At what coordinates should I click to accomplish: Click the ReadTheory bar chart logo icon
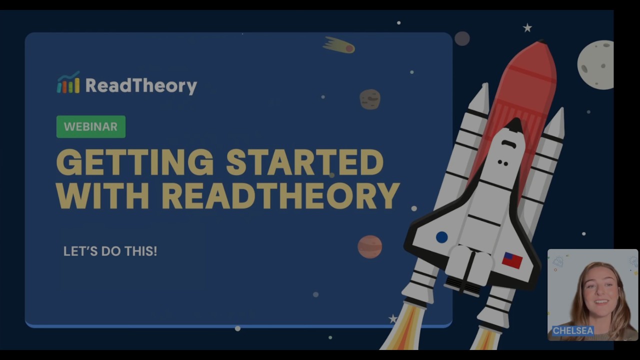pyautogui.click(x=68, y=83)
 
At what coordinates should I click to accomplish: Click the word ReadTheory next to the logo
pyautogui.click(x=141, y=85)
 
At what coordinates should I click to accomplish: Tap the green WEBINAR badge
pyautogui.click(x=90, y=126)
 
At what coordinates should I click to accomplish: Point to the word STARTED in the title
pyautogui.click(x=304, y=162)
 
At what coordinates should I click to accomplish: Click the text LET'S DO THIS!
pyautogui.click(x=110, y=251)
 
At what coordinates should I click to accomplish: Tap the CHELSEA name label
pyautogui.click(x=573, y=330)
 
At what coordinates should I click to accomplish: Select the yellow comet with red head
pyautogui.click(x=340, y=46)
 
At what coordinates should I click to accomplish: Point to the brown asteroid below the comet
pyautogui.click(x=370, y=99)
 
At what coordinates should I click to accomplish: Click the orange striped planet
pyautogui.click(x=370, y=246)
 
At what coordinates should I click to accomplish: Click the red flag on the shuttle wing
pyautogui.click(x=512, y=260)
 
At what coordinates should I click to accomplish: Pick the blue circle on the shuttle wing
pyautogui.click(x=441, y=237)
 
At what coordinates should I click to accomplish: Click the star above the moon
pyautogui.click(x=527, y=28)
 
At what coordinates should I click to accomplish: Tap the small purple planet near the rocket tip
pyautogui.click(x=462, y=38)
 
